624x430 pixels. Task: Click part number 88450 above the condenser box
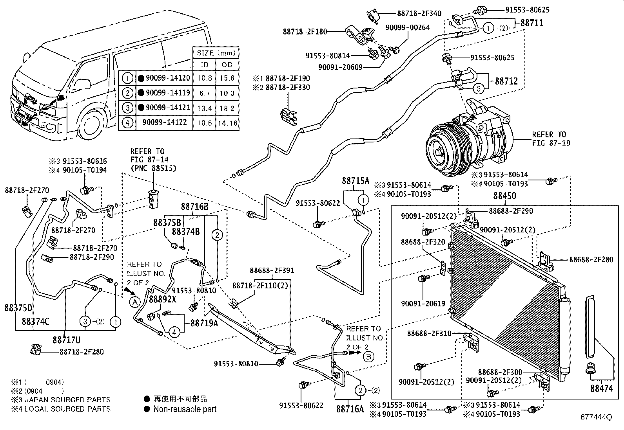point(504,196)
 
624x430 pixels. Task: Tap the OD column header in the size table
point(227,65)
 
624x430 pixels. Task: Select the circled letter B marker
point(368,356)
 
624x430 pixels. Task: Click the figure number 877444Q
point(596,417)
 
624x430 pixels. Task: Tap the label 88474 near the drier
point(602,389)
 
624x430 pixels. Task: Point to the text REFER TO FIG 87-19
point(549,139)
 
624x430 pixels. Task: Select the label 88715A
point(356,181)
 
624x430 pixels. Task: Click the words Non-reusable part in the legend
point(185,409)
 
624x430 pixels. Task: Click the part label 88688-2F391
point(272,270)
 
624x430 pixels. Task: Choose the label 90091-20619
point(423,304)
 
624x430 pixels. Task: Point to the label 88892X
point(163,299)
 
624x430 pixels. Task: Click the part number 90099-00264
point(408,27)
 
